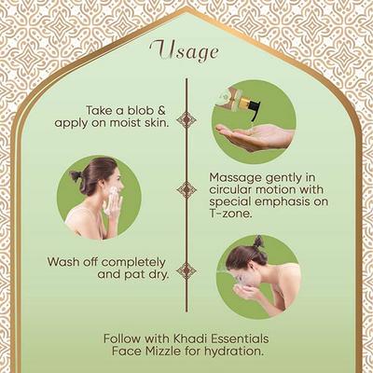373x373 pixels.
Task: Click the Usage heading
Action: click(x=186, y=48)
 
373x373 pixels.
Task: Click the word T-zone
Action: click(x=235, y=213)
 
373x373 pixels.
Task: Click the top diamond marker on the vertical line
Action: click(x=186, y=119)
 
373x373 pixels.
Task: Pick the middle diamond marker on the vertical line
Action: click(x=186, y=189)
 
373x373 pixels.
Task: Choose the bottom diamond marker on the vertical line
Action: click(x=186, y=270)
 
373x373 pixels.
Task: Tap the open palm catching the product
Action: click(x=252, y=136)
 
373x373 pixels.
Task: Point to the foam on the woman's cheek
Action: click(x=113, y=203)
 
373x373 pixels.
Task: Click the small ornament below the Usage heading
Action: click(x=186, y=68)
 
